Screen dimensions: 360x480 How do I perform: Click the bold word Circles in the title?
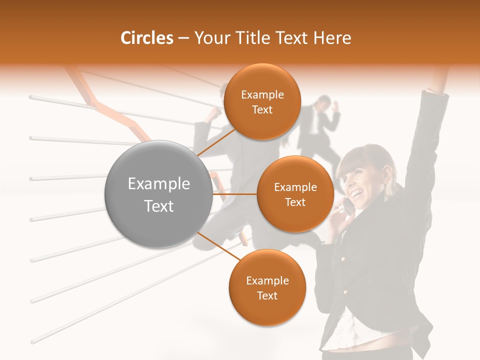tap(147, 38)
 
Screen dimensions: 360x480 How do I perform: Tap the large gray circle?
tap(158, 194)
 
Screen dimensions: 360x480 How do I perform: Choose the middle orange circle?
tap(295, 194)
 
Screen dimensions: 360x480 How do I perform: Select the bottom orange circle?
tap(267, 287)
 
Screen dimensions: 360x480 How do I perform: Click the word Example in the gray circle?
tap(159, 184)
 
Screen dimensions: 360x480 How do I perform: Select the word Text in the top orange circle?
tap(262, 110)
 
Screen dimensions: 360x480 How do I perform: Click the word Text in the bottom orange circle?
tap(267, 295)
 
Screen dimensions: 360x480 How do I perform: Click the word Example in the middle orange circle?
tap(295, 187)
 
